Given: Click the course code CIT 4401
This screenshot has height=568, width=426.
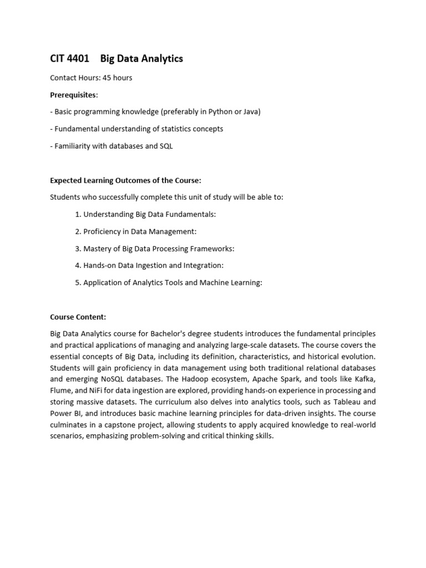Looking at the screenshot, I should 69,59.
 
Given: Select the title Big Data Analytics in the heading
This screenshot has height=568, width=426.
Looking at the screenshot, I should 141,59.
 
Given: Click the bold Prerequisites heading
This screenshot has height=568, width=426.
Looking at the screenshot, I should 73,95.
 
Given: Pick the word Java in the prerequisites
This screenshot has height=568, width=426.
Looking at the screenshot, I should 251,111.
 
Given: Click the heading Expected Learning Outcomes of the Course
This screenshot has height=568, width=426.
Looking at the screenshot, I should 125,180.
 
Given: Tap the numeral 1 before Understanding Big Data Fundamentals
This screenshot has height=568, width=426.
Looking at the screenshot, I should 77,214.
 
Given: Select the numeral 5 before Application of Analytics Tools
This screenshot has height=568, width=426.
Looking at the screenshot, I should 77,282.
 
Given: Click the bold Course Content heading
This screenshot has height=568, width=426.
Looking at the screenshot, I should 78,317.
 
